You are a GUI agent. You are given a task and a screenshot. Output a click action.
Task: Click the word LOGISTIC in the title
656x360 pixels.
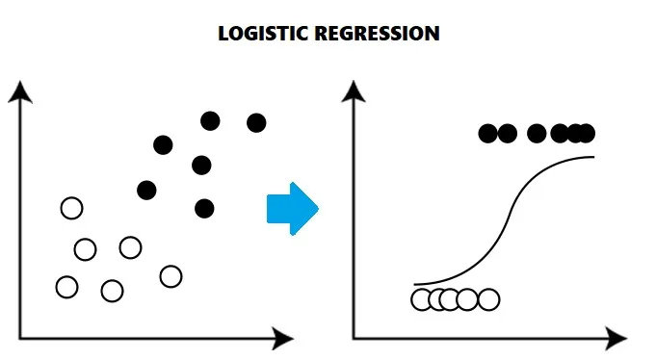pos(259,34)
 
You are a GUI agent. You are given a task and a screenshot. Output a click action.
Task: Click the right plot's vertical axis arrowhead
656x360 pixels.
pos(354,91)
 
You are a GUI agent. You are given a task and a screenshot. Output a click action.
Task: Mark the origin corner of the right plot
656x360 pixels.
pos(354,338)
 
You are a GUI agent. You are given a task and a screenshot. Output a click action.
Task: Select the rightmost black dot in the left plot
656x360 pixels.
pos(256,122)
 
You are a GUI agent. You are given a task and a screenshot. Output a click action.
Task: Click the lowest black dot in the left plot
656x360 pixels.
pos(204,208)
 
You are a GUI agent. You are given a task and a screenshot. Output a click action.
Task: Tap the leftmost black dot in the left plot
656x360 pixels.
pos(146,190)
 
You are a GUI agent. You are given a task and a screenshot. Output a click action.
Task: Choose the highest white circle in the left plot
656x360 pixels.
pos(71,208)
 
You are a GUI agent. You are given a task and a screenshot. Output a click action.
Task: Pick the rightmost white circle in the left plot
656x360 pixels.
pos(171,276)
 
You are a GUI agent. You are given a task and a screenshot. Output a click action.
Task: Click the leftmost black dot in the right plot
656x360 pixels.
pos(488,134)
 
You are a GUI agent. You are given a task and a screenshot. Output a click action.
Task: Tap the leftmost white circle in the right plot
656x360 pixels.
pos(422,299)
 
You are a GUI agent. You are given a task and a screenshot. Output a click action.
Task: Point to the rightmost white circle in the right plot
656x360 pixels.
pos(488,299)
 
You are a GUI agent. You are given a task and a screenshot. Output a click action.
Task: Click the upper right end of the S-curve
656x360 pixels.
pos(593,156)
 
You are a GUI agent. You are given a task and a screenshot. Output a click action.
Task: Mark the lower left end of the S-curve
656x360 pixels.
pos(414,285)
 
